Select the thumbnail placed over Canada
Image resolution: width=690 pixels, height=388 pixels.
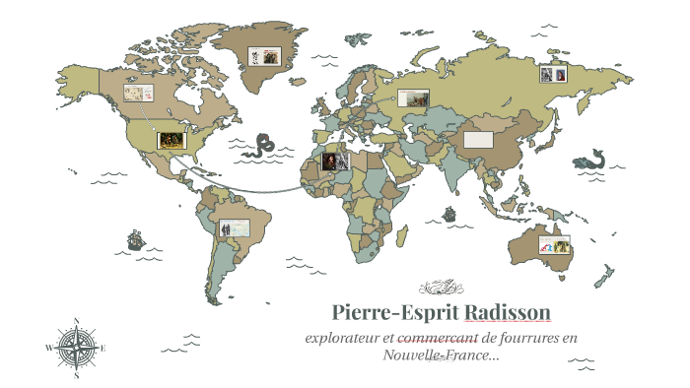coord(136,93)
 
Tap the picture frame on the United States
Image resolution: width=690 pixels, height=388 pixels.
coord(171,140)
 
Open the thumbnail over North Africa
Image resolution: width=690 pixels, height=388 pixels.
coord(335,161)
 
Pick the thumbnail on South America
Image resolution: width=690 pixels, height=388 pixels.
coord(234,228)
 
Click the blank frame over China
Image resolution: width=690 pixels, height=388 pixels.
coord(478,139)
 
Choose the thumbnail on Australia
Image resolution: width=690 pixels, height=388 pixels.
coord(554,245)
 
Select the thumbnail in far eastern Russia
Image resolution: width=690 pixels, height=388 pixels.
coord(552,74)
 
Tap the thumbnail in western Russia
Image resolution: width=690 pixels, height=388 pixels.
coord(415,97)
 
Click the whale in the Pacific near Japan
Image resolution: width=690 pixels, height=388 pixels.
coord(594,158)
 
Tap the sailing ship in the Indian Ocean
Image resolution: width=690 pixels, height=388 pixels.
coord(449,213)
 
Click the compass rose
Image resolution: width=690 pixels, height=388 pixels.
coord(76,347)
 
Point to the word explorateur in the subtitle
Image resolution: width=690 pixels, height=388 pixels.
coord(344,338)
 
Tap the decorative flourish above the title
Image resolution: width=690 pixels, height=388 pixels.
coord(441,289)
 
